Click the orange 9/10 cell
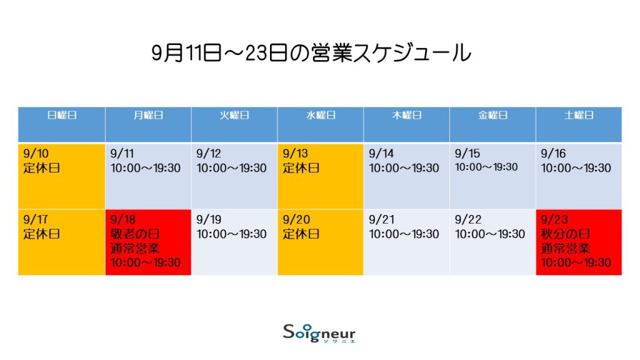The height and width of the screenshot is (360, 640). pos(62,176)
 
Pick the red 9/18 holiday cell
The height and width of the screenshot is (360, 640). pos(148,242)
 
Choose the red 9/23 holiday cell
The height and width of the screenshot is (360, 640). pos(579,242)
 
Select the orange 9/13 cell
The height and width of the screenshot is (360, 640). pos(321,176)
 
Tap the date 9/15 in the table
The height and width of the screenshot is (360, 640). pos(467,154)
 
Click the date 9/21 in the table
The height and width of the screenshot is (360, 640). pos(382,219)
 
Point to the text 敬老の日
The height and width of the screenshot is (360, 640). pos(135,234)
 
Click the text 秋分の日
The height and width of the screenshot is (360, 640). pos(566,234)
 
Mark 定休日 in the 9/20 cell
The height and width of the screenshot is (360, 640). pos(301,234)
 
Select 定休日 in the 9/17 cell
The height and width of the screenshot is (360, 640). pos(42,234)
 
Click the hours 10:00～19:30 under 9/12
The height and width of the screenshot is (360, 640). pos(231,168)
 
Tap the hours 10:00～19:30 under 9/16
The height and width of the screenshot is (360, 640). pos(576,168)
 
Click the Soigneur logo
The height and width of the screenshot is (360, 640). pos(319,333)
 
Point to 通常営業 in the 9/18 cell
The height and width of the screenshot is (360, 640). pos(135,248)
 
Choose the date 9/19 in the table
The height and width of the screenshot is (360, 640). pos(209,219)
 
